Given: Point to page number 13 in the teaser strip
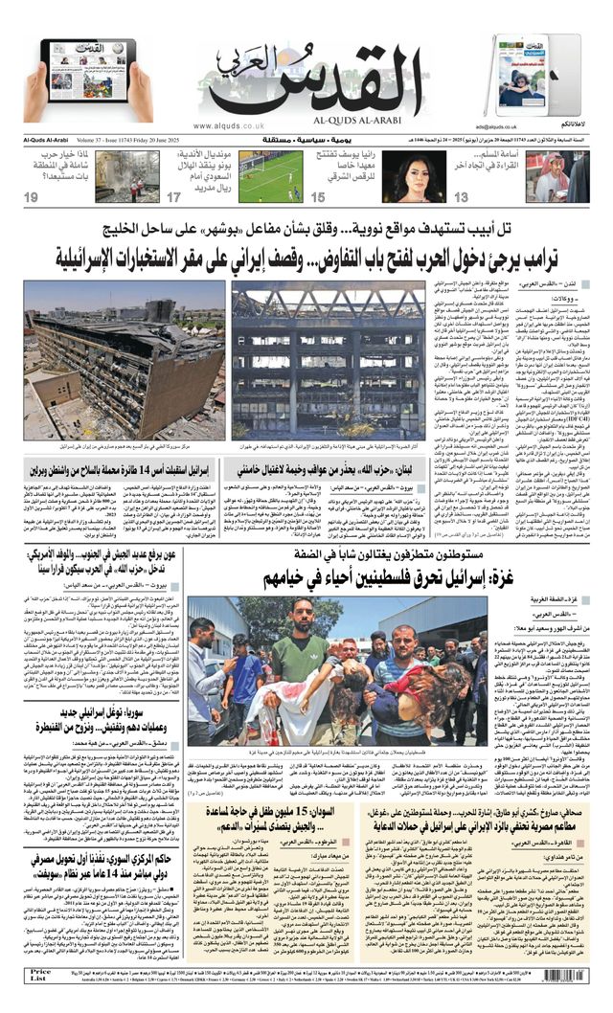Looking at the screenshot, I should coord(461,197).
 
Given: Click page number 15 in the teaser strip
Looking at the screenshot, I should coord(318,197).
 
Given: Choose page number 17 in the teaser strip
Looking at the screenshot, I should coord(174,197).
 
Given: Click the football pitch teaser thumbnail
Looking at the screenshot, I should coord(269,176).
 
